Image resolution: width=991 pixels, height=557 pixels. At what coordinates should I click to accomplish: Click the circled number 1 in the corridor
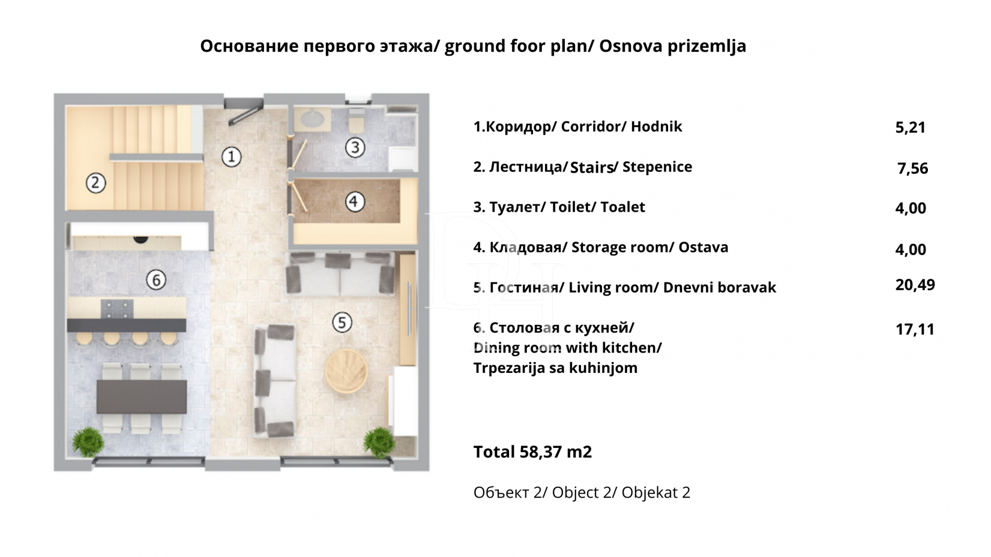[x=231, y=156]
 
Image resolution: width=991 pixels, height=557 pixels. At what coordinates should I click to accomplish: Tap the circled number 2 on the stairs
[x=95, y=183]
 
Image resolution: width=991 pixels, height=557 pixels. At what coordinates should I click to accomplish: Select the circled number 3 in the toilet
[x=355, y=148]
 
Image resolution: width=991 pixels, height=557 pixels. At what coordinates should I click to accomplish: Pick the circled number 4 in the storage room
[x=355, y=201]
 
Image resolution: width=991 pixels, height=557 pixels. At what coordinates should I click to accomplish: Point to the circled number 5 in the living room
[x=342, y=322]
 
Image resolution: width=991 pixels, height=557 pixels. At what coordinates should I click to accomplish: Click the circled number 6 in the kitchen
[x=156, y=280]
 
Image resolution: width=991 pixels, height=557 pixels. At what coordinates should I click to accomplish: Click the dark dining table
[x=142, y=396]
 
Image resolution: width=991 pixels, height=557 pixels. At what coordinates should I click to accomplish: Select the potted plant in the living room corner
[x=379, y=442]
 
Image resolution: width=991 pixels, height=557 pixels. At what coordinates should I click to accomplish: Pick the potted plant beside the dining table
[x=88, y=442]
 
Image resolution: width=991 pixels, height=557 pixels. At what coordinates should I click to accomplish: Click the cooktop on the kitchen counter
[x=117, y=308]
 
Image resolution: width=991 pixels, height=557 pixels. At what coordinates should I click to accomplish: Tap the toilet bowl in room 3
[x=357, y=122]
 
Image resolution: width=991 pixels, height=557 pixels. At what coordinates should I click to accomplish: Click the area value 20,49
[x=915, y=285]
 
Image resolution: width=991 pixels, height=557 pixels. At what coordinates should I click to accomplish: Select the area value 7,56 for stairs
[x=912, y=168]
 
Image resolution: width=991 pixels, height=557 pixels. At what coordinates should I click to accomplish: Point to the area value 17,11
[x=915, y=329]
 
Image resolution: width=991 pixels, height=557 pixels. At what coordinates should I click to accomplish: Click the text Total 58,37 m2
[x=533, y=452]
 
